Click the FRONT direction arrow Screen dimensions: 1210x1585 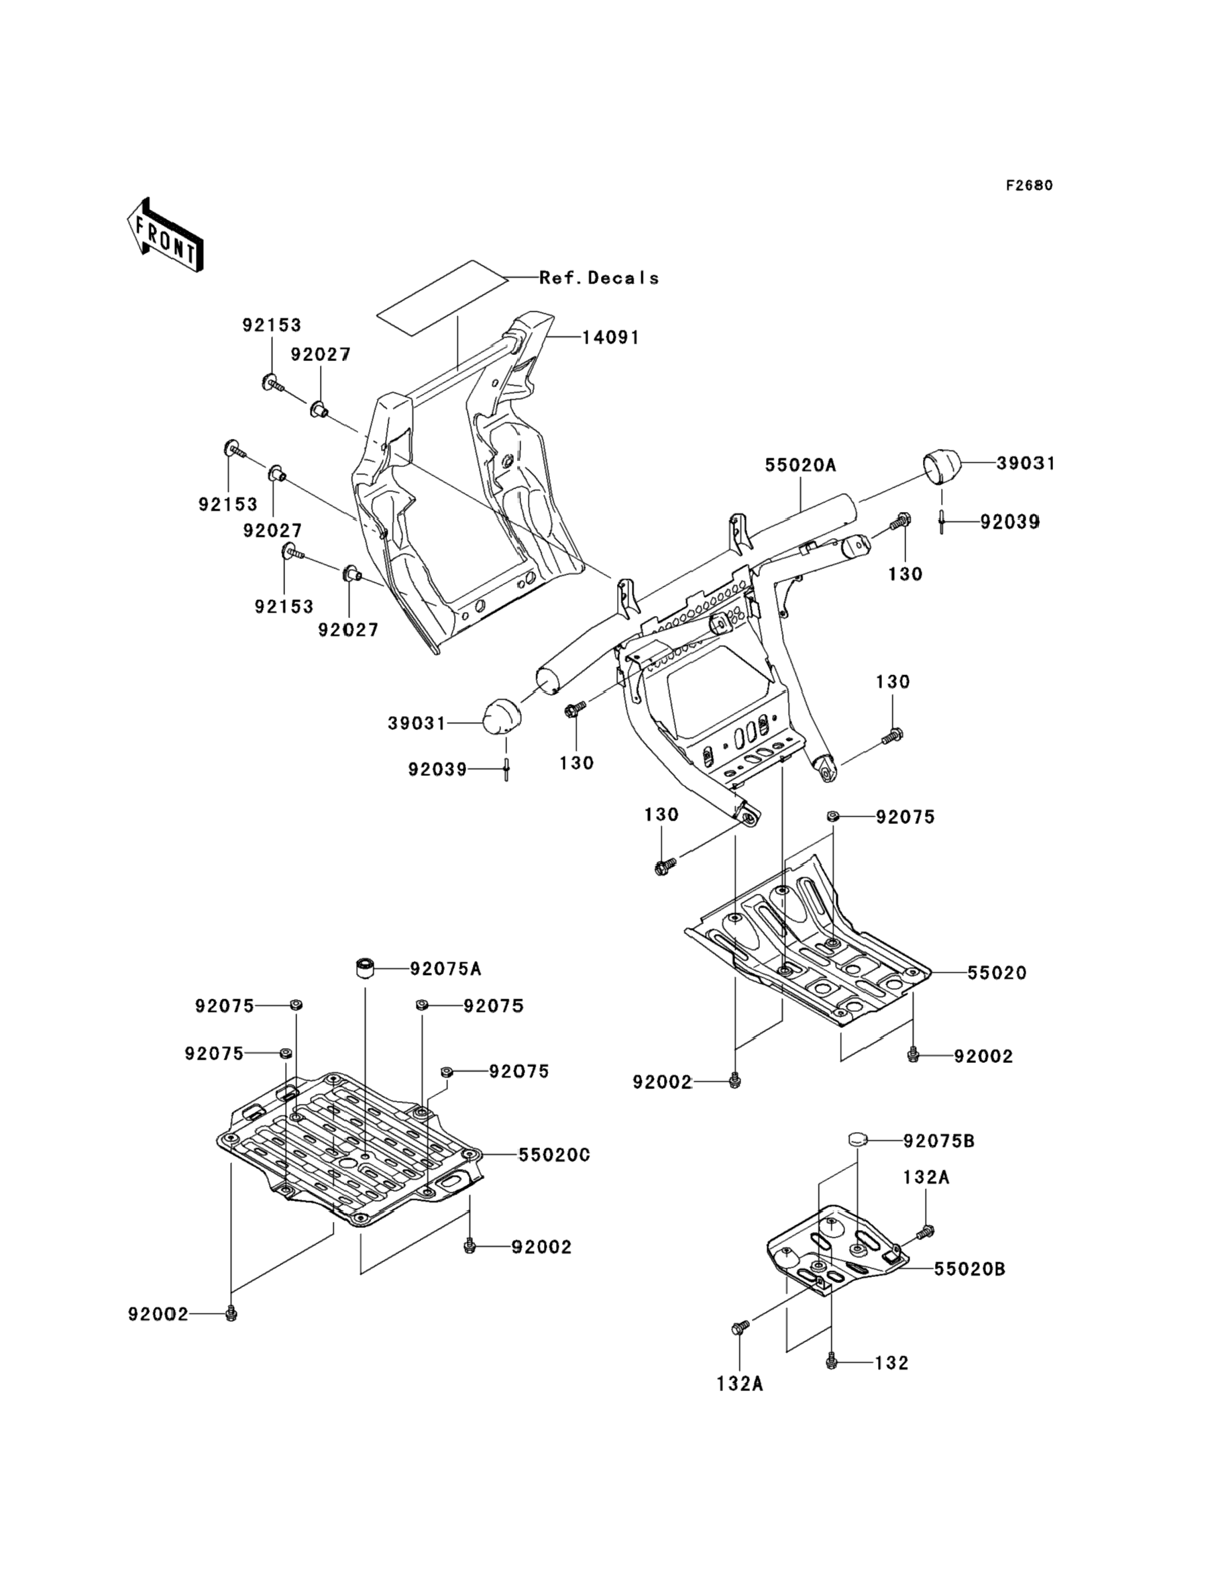pos(164,235)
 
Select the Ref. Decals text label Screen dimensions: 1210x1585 pos(599,278)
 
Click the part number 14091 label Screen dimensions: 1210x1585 pos(611,337)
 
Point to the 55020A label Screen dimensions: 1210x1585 pos(800,466)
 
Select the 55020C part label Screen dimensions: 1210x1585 pos(554,1155)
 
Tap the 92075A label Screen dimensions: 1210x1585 pos(446,969)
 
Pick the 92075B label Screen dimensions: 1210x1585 pos(939,1141)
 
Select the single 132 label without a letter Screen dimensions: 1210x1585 pos(891,1363)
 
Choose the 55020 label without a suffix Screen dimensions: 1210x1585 pos(997,972)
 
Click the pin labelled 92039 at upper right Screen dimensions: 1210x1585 pos(941,521)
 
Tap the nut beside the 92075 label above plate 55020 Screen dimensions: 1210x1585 pos(832,816)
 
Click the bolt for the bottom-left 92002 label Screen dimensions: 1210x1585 pos(231,1313)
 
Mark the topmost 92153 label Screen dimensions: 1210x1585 pos(272,325)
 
